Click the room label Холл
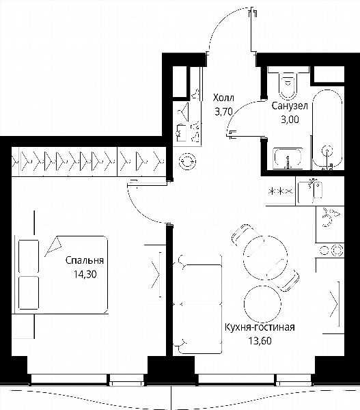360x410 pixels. coord(223,98)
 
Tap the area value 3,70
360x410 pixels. coord(223,112)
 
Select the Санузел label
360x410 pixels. coord(290,106)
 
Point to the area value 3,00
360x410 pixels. coord(290,120)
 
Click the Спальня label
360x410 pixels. coord(85,260)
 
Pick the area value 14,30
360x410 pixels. coord(85,274)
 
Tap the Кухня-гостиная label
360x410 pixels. coord(260,327)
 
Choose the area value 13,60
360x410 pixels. coord(260,341)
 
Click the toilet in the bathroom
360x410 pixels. coord(288,83)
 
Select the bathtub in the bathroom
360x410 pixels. coord(327,130)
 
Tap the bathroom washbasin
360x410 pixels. coord(288,159)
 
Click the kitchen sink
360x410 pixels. coord(310,191)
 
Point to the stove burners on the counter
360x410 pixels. coord(332,250)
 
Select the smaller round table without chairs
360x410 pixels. coord(262,304)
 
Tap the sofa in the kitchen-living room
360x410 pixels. coord(198,305)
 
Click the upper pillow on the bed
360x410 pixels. coord(29,256)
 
